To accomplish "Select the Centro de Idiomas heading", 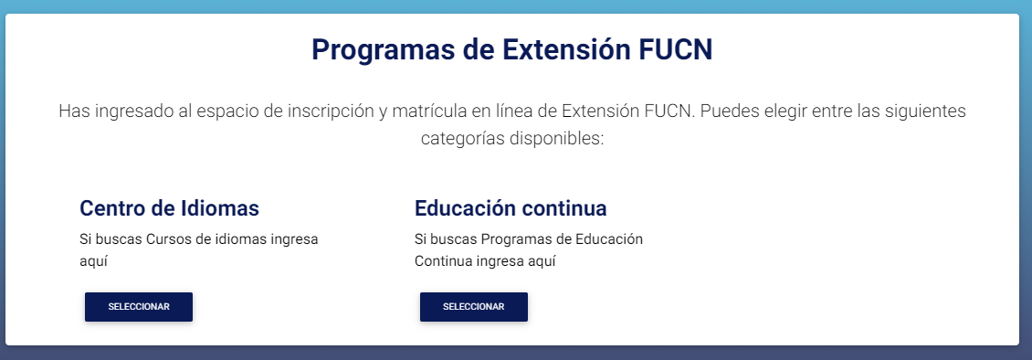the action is [169, 208].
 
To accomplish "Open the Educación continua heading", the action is [511, 208].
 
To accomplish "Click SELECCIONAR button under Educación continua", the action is [474, 307].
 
